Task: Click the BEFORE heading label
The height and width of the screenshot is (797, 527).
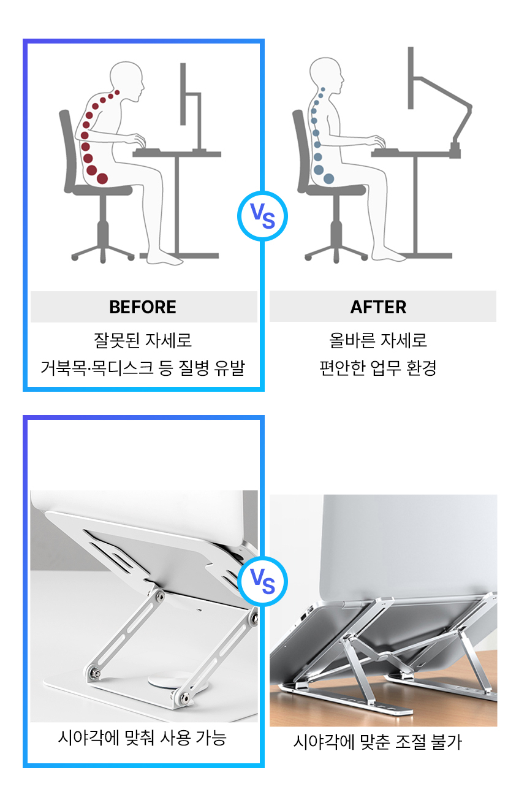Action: [x=143, y=307]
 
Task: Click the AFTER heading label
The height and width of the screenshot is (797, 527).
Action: [x=378, y=307]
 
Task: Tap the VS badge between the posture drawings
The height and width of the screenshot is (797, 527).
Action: [x=262, y=215]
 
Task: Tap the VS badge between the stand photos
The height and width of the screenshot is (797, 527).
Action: [x=263, y=582]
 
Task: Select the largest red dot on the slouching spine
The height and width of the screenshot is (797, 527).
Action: [x=102, y=178]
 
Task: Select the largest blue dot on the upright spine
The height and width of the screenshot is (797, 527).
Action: [x=328, y=178]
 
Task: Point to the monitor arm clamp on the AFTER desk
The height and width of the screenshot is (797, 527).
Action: [x=455, y=149]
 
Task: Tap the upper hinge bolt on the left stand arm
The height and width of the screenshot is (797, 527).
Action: [x=159, y=595]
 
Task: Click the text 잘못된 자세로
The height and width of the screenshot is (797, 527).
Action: [x=143, y=340]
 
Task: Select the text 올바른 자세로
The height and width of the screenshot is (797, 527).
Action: [x=378, y=340]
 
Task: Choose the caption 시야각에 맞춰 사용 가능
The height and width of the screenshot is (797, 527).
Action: [x=142, y=738]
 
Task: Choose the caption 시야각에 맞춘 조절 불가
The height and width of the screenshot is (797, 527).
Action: [x=377, y=742]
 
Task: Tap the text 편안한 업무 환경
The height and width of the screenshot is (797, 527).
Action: [x=378, y=368]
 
